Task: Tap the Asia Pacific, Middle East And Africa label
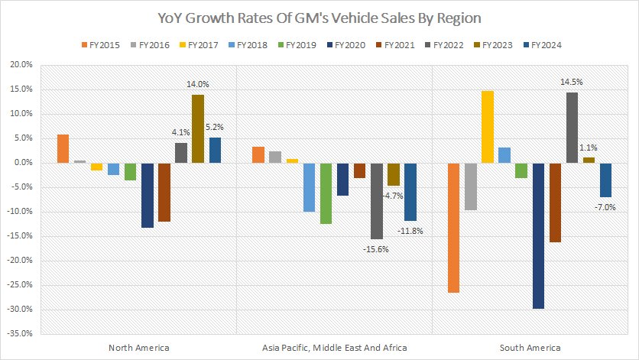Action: tap(334, 348)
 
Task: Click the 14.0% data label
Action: tap(197, 85)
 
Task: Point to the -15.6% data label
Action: tap(376, 248)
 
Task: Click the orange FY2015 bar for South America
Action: tap(454, 227)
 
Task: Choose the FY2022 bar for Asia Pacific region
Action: tap(376, 200)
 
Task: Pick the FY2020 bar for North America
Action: tap(147, 195)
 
